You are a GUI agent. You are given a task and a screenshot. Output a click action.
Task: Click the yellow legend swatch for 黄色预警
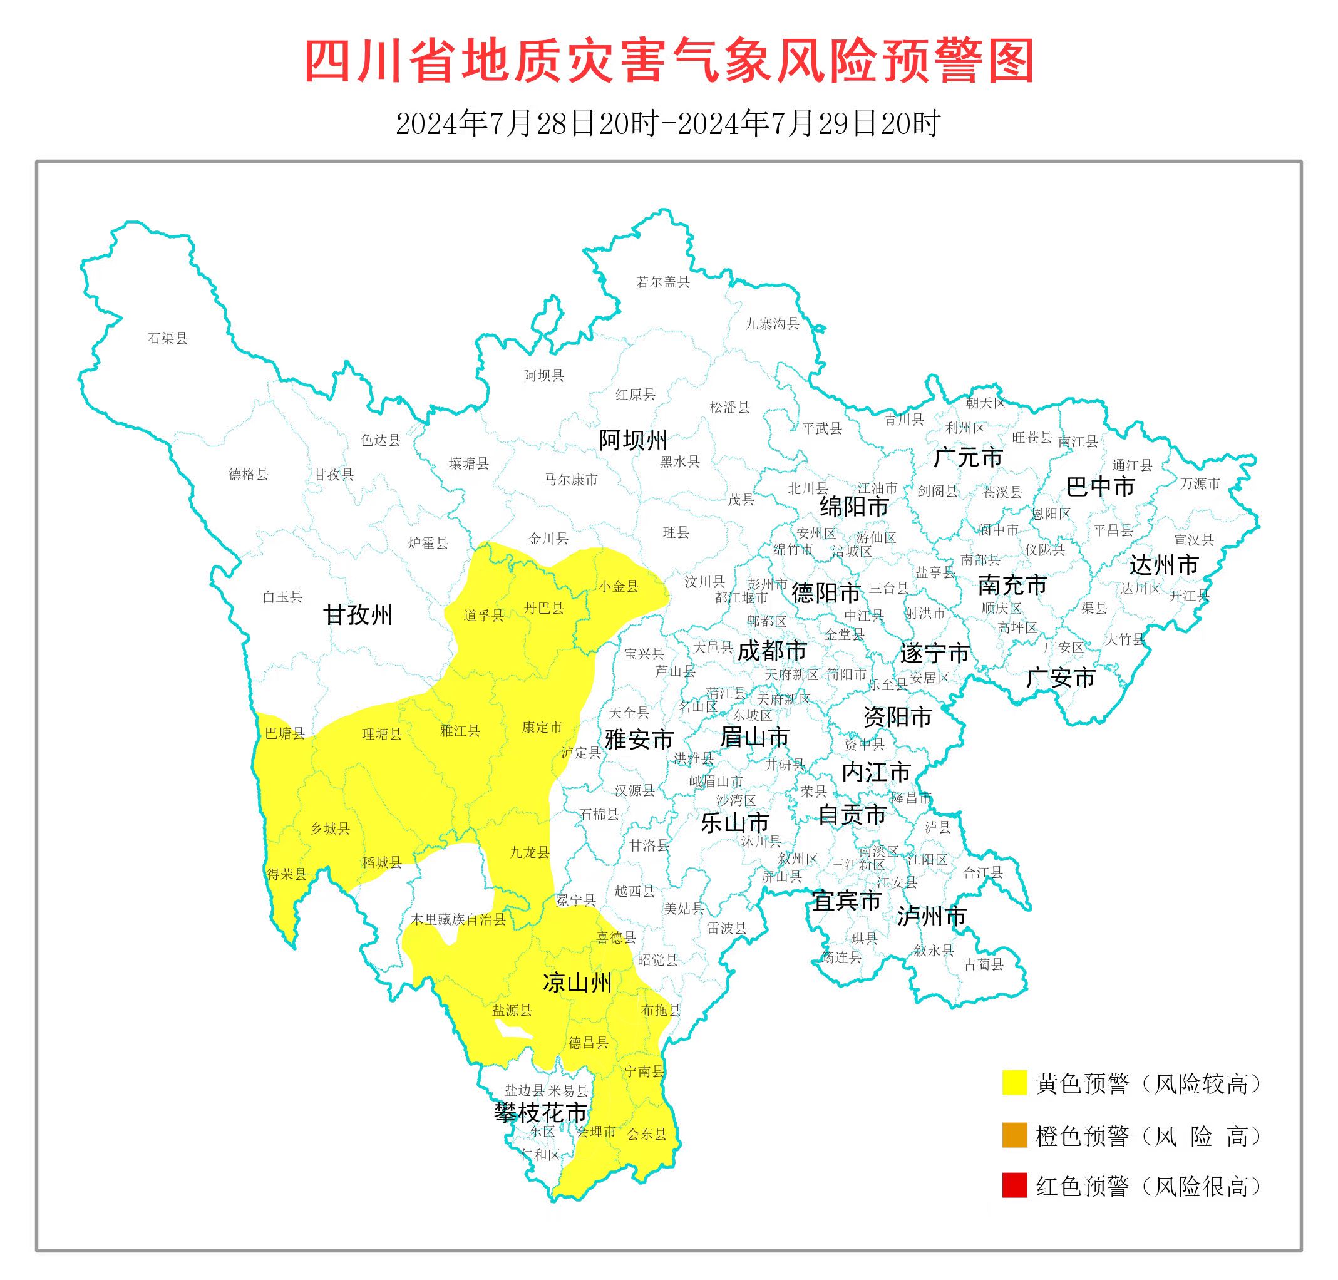(1014, 1083)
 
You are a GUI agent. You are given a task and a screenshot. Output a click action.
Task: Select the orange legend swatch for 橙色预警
(1014, 1136)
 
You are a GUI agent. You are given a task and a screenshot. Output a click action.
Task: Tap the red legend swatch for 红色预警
(1014, 1186)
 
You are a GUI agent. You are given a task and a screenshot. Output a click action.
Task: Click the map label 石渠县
(168, 338)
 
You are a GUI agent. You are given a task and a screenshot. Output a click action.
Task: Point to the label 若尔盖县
(662, 282)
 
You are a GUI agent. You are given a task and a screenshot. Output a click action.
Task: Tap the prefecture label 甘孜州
(358, 616)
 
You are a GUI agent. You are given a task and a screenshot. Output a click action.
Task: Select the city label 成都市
(772, 651)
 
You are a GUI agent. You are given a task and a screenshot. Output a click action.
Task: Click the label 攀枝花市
(540, 1113)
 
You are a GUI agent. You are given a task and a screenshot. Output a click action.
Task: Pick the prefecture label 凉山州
(577, 983)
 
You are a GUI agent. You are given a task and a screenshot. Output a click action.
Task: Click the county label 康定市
(542, 727)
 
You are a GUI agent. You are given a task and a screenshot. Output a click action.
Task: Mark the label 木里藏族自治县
(458, 920)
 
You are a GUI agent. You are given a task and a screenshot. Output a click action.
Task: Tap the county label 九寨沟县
(773, 324)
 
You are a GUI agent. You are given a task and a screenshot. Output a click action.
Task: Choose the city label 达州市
(1164, 565)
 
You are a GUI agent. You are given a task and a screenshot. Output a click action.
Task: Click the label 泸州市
(932, 916)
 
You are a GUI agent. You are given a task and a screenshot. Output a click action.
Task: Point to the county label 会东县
(646, 1134)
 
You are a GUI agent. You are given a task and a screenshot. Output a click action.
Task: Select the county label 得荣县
(287, 874)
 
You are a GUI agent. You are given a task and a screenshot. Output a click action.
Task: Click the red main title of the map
(669, 61)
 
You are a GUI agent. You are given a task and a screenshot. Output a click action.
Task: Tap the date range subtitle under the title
(669, 123)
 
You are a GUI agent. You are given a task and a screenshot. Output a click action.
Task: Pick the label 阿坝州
(633, 441)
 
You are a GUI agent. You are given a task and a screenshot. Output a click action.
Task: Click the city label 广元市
(967, 457)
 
